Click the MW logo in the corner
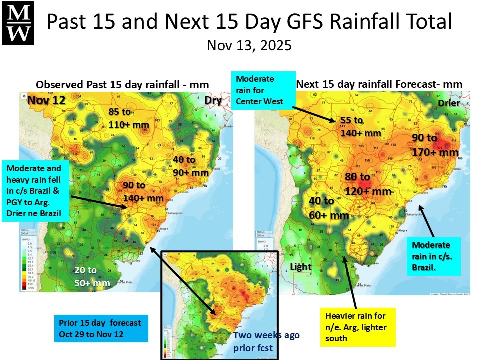click(19, 23)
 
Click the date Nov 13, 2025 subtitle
click(249, 45)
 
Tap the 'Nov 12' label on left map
click(46, 100)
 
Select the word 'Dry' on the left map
click(213, 100)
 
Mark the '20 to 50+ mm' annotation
click(91, 276)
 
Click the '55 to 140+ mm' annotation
click(360, 127)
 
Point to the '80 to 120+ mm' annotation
click(367, 184)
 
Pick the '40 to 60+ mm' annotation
click(328, 208)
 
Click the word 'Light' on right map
click(301, 267)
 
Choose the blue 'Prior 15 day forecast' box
click(102, 328)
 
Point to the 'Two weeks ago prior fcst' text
click(266, 341)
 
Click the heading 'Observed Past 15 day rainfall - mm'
click(122, 84)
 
